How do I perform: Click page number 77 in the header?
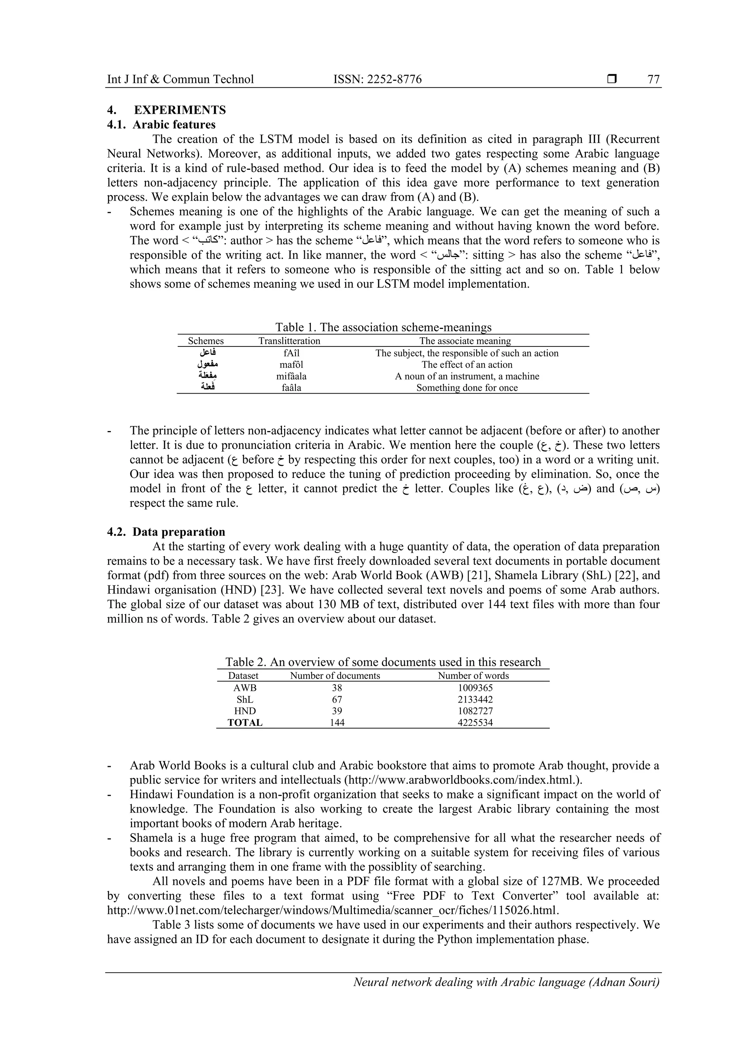pyautogui.click(x=654, y=79)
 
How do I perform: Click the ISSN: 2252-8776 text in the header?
pyautogui.click(x=377, y=79)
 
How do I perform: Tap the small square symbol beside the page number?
pyautogui.click(x=612, y=79)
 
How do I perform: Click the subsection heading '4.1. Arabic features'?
pyautogui.click(x=161, y=125)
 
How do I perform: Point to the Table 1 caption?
pyautogui.click(x=383, y=327)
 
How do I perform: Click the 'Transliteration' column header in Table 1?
pyautogui.click(x=289, y=341)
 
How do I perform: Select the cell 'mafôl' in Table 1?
pyautogui.click(x=291, y=364)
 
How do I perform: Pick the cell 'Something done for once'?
pyautogui.click(x=467, y=388)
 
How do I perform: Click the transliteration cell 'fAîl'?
pyautogui.click(x=291, y=353)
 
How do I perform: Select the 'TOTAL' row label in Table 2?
pyautogui.click(x=245, y=723)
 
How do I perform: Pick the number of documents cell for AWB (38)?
pyautogui.click(x=337, y=688)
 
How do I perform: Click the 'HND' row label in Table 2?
pyautogui.click(x=245, y=711)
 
